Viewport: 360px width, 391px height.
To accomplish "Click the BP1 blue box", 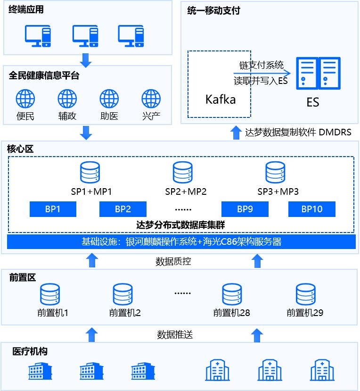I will point(53,209).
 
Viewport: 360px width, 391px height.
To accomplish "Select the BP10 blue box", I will point(311,209).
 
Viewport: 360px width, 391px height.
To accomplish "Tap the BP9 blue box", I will point(245,209).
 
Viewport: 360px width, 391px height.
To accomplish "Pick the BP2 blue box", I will point(123,209).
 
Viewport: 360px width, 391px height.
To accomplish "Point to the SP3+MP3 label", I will point(278,192).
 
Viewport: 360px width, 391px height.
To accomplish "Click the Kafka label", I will point(220,100).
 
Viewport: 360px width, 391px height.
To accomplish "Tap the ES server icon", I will point(318,73).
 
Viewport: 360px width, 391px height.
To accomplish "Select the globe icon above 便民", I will point(25,99).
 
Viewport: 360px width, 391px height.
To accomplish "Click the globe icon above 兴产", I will point(151,99).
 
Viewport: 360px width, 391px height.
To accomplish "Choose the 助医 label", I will point(109,116).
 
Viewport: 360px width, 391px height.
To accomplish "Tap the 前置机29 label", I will point(305,312).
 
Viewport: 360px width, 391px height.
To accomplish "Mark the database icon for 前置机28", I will point(231,294).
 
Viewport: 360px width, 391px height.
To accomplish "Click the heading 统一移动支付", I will point(213,10).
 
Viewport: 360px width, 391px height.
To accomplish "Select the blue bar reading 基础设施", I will point(181,241).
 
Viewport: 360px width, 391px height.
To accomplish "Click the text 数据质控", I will point(173,261).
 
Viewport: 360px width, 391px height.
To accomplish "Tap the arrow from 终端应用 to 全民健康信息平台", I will point(86,59).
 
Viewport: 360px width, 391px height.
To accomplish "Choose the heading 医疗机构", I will point(30,351).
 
